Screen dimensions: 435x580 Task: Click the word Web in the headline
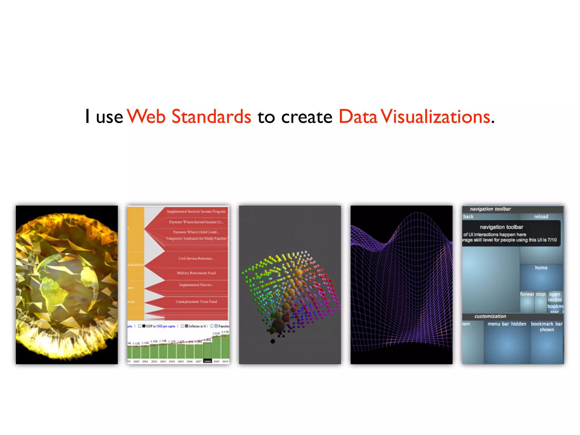pos(146,116)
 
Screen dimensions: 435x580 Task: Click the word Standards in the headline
pos(211,116)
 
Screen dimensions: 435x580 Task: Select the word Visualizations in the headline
pos(435,116)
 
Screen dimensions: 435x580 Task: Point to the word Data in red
pos(358,116)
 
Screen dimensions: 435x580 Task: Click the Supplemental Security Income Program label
pos(196,212)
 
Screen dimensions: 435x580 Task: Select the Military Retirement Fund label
pos(196,273)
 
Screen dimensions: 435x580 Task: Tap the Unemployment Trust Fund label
pos(196,302)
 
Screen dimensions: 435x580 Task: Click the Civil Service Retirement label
pos(196,258)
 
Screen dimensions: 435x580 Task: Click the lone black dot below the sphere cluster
pos(273,341)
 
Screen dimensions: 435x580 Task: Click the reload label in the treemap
pos(541,217)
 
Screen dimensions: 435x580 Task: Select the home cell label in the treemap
pos(541,268)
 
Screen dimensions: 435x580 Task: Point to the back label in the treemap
pos(468,217)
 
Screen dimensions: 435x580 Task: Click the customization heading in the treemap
pos(490,316)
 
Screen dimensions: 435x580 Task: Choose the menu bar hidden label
pos(507,324)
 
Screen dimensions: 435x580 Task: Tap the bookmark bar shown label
pos(546,327)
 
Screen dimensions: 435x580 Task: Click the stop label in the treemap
pos(540,294)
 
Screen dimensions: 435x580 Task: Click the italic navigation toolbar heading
pos(490,209)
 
